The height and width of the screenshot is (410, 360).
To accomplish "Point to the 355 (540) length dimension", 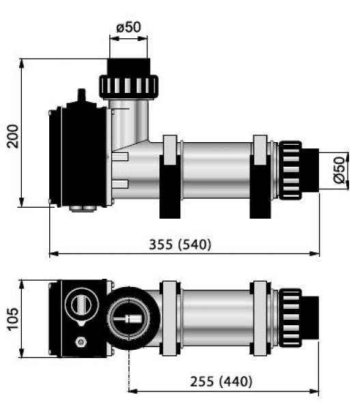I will (180, 244).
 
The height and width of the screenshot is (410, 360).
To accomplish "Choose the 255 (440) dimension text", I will (219, 381).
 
